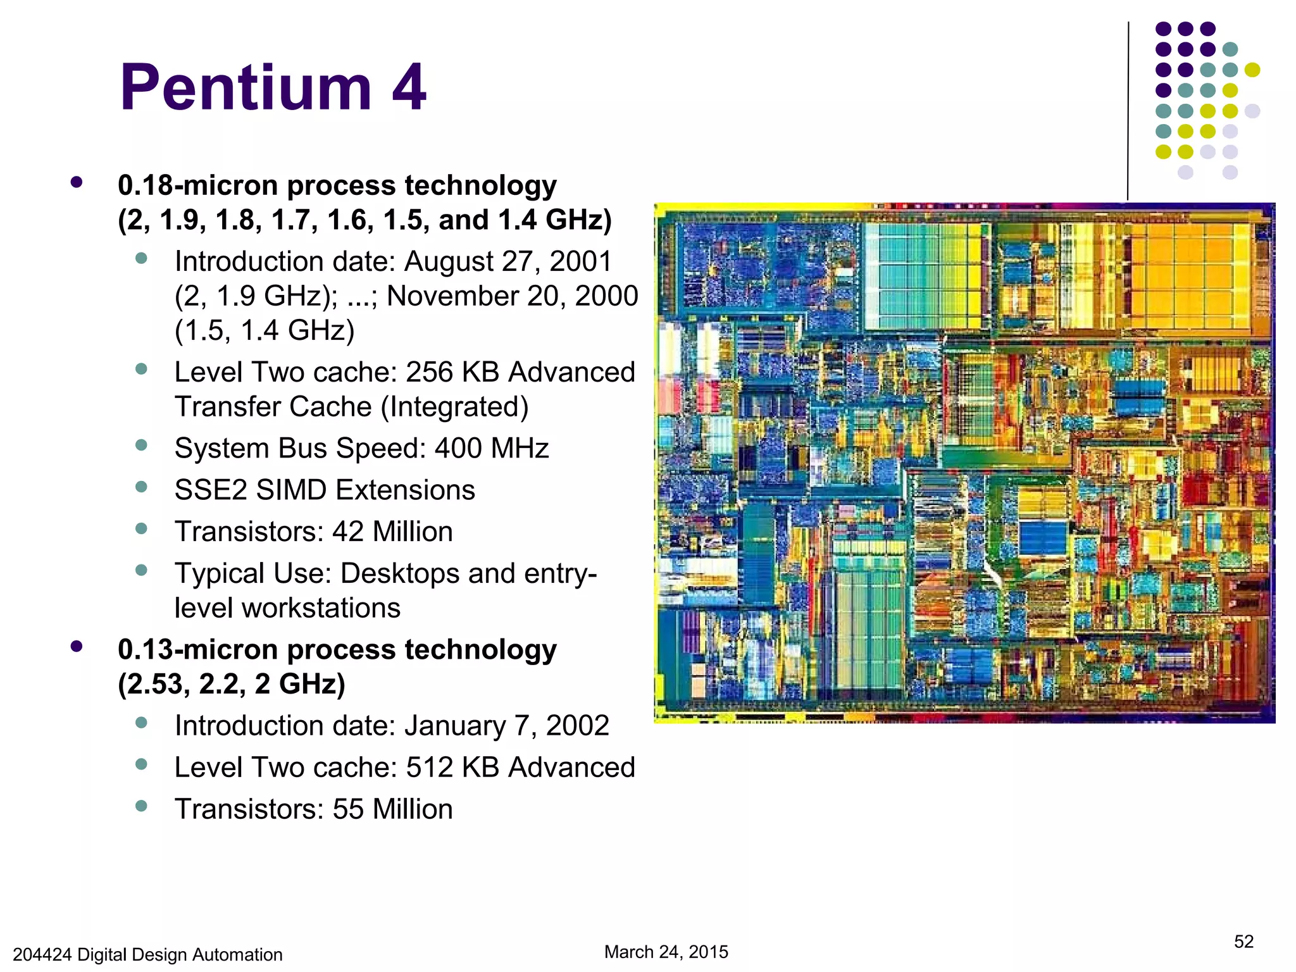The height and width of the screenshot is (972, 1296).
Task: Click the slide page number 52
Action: pyautogui.click(x=1243, y=942)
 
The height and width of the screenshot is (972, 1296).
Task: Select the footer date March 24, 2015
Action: pyautogui.click(x=666, y=952)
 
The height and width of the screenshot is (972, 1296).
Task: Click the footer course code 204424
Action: pyautogui.click(x=42, y=954)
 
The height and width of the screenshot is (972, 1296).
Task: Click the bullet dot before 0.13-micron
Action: pyautogui.click(x=77, y=646)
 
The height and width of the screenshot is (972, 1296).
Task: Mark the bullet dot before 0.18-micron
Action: pyautogui.click(x=77, y=182)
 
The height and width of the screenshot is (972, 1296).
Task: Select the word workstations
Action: pyautogui.click(x=288, y=608)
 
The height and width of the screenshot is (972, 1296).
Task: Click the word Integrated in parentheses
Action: pyautogui.click(x=454, y=407)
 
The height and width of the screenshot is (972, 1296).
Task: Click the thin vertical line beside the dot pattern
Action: pyautogui.click(x=1128, y=111)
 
